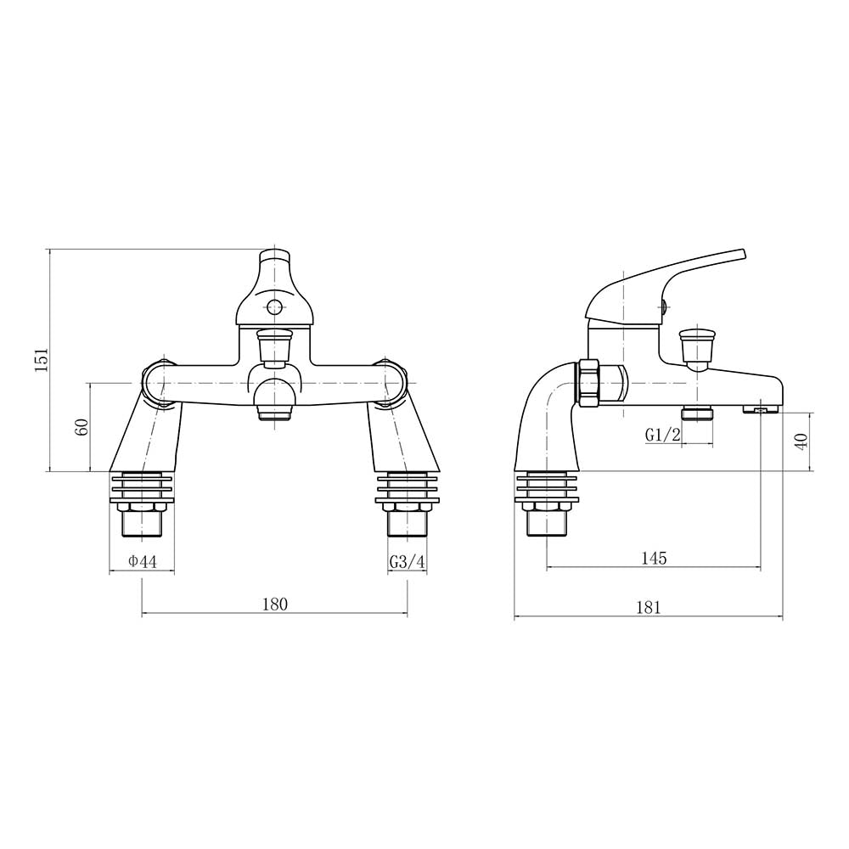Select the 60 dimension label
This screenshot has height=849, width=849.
click(x=82, y=427)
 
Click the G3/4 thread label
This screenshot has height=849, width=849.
click(x=407, y=561)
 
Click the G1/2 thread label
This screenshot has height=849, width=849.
click(x=663, y=434)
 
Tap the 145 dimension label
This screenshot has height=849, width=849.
click(x=654, y=558)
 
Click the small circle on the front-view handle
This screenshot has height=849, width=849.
click(x=274, y=307)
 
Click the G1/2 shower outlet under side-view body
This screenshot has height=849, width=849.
click(x=698, y=413)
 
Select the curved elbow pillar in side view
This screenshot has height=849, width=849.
click(x=543, y=416)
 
